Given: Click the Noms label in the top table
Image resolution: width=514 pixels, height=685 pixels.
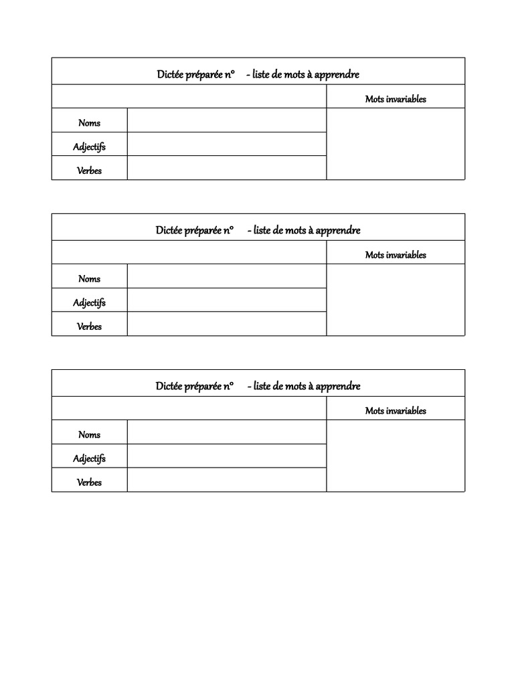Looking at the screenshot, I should (89, 122).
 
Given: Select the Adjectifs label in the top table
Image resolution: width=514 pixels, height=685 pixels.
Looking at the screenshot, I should (89, 146).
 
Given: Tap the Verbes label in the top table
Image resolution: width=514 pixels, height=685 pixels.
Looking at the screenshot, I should (89, 171).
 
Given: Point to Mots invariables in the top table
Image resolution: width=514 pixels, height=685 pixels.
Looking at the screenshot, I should (396, 99).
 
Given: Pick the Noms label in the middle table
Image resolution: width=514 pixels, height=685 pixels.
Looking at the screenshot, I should (89, 279).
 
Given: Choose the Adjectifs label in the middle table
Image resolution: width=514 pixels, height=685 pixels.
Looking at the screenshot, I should (89, 302).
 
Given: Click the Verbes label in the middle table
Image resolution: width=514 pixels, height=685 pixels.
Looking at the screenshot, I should (89, 326).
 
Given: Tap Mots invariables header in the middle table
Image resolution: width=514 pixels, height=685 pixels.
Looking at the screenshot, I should (396, 255).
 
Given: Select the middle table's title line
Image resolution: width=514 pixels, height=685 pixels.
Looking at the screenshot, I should (258, 230).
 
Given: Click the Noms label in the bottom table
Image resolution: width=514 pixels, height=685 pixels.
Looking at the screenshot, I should (89, 435).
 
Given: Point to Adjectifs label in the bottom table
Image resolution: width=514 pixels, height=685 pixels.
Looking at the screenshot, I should (89, 458).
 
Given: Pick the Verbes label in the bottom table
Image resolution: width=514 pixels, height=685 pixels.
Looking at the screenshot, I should (89, 482).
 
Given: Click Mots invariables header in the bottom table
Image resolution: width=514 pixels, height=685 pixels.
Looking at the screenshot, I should (396, 411).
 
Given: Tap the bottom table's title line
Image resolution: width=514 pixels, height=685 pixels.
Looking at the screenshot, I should (258, 386).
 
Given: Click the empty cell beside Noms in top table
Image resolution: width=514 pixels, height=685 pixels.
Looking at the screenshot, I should (226, 120).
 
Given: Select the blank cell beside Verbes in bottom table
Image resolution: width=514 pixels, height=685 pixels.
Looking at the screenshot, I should (226, 480).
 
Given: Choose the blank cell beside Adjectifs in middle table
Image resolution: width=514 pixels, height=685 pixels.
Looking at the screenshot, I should (226, 300).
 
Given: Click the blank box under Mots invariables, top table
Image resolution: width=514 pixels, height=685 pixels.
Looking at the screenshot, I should (396, 144).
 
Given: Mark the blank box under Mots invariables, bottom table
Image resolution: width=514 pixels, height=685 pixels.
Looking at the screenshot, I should (396, 456).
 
